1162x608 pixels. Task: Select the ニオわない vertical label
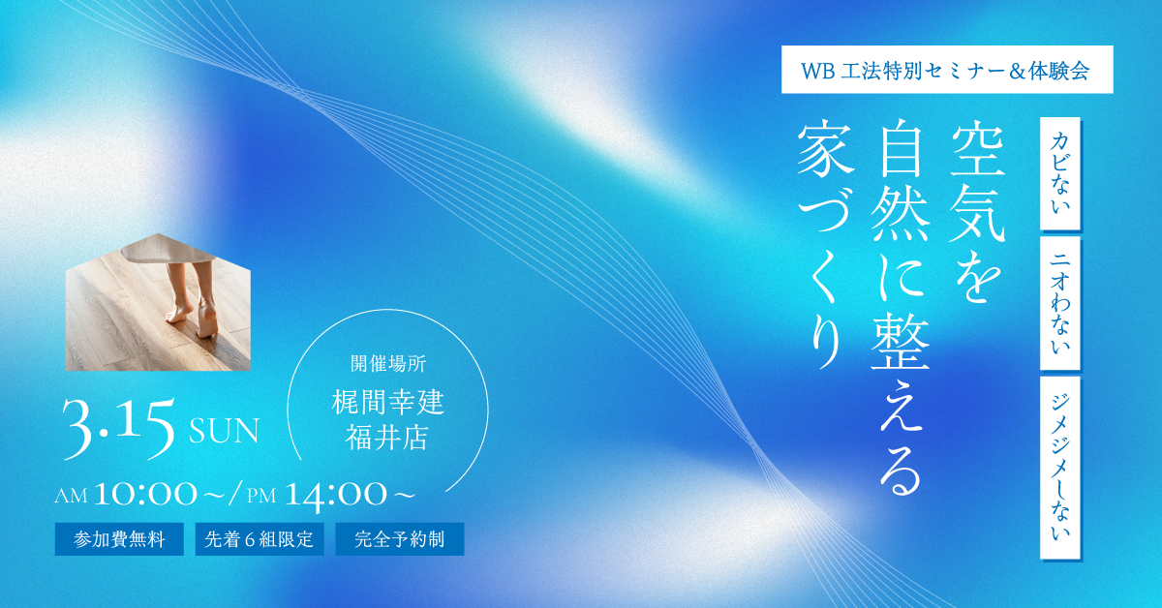point(1059,305)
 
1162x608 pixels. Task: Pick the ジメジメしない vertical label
point(1059,468)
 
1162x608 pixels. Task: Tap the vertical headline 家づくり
point(814,246)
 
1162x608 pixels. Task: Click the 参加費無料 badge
point(119,539)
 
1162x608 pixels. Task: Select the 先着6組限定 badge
point(260,539)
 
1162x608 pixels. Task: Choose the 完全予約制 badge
point(400,539)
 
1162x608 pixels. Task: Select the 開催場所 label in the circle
point(387,365)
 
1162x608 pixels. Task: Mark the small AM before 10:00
point(72,497)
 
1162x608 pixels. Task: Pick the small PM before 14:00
point(261,497)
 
